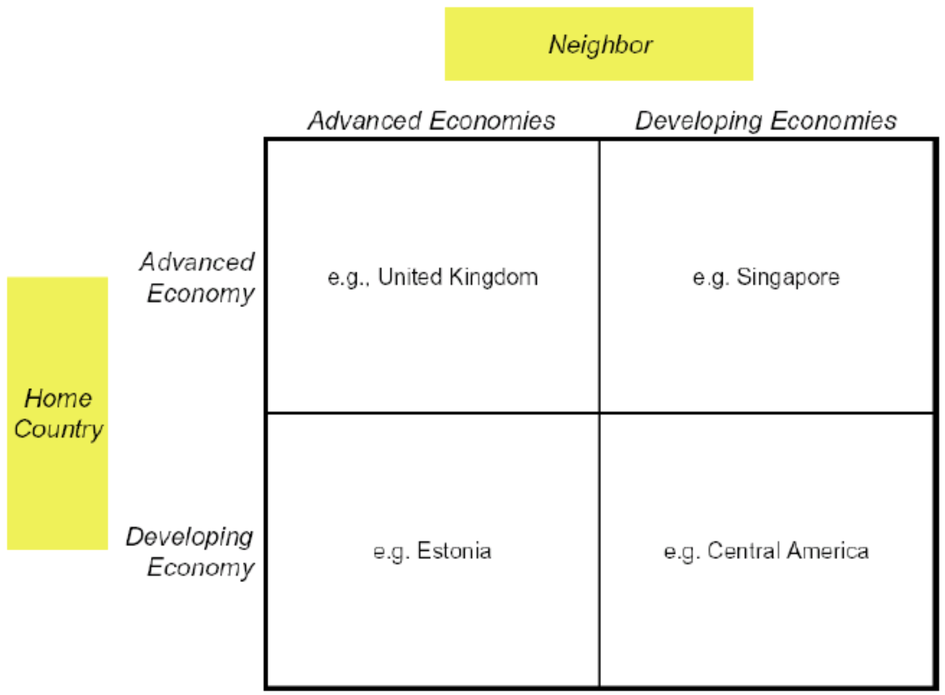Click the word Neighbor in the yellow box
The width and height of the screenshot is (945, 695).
(x=600, y=45)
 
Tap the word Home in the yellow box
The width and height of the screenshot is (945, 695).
(x=58, y=398)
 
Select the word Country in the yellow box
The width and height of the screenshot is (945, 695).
(x=58, y=430)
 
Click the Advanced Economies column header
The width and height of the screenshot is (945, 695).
(x=431, y=120)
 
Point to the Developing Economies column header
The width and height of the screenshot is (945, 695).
(x=766, y=122)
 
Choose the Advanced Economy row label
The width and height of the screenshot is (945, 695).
(x=197, y=278)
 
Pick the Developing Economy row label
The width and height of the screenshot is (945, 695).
(x=190, y=552)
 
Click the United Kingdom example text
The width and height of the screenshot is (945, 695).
(x=458, y=277)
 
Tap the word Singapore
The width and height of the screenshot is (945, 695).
(x=788, y=278)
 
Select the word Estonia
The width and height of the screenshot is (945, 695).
(x=454, y=551)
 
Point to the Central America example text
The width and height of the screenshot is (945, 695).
(x=788, y=551)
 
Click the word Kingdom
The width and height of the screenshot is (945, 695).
(x=494, y=277)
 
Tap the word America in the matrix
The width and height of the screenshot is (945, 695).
(x=827, y=551)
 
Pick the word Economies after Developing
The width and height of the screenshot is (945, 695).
(x=834, y=120)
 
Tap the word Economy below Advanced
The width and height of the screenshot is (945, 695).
(x=201, y=294)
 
